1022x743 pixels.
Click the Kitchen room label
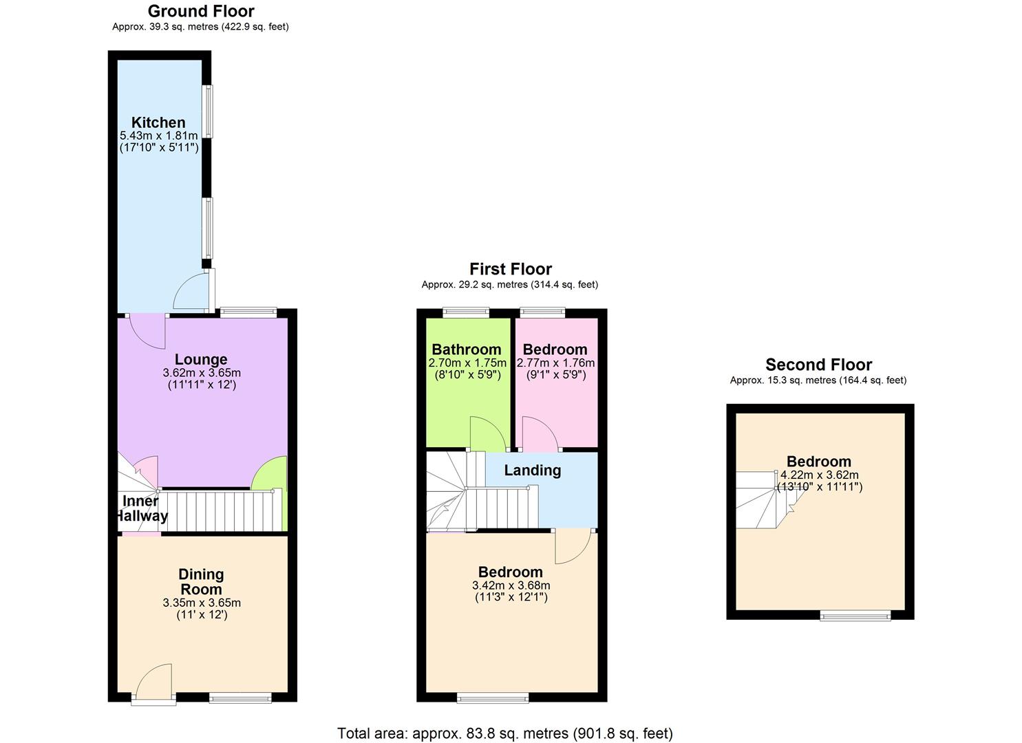coord(158,122)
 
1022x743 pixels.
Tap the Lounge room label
coord(201,359)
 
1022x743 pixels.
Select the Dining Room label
coord(201,581)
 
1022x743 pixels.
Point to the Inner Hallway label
coord(141,508)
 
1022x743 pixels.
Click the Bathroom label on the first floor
coord(467,349)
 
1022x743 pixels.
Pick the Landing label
coord(532,471)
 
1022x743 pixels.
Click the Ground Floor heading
coord(201,11)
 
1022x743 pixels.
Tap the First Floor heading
coord(511,269)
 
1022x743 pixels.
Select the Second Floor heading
coord(818,365)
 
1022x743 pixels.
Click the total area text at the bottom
coord(504,733)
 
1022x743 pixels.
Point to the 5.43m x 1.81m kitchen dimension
coord(158,136)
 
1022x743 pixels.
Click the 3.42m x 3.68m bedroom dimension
coord(511,585)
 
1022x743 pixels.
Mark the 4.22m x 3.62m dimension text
coord(819,475)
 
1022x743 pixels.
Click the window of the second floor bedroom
coord(855,616)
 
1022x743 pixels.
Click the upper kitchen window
coord(207,111)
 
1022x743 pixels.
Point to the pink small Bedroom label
coord(555,349)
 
